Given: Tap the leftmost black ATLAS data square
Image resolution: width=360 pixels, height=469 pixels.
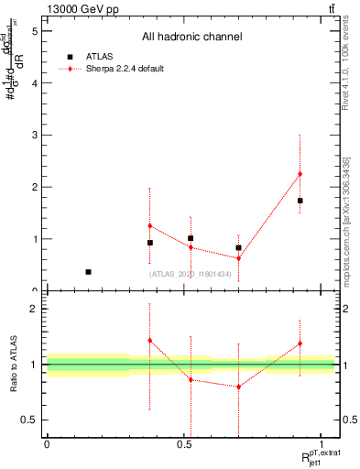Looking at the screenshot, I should click(88, 272).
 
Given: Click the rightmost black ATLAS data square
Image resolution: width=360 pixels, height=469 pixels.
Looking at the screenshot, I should click(300, 201).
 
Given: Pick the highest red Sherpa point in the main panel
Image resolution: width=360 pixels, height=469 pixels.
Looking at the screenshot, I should click(300, 174).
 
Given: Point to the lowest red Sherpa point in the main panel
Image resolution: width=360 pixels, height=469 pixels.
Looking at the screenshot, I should click(238, 258).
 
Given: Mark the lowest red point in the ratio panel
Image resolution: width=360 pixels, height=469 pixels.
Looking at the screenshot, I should click(238, 387).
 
